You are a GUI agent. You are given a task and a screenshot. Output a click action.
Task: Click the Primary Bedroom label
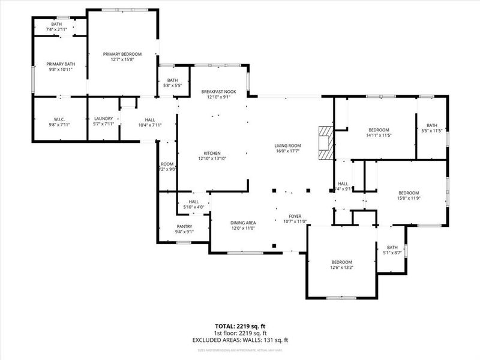(122, 54)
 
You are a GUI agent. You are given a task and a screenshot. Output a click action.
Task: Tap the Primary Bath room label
(61, 64)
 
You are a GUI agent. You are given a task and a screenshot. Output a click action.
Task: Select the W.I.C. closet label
(59, 119)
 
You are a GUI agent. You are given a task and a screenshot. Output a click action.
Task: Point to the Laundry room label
(103, 119)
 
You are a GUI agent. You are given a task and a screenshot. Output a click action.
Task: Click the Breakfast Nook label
(218, 91)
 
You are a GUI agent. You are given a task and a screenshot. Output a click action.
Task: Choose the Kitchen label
(211, 153)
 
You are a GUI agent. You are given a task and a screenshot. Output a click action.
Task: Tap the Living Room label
(288, 145)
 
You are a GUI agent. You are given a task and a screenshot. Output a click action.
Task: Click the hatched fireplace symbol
(325, 142)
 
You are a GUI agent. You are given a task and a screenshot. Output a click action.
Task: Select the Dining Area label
(244, 223)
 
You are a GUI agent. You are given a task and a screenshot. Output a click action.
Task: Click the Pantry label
(184, 226)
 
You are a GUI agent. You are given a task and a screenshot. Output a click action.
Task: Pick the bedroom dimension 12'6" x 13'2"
(341, 268)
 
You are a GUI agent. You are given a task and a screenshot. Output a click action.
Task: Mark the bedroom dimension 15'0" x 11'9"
(408, 198)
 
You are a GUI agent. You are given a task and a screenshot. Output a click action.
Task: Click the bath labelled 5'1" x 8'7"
(392, 253)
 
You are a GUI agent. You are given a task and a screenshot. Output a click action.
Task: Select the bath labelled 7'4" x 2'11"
(60, 29)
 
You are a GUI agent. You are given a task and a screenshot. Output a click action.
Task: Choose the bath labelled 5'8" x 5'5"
(172, 86)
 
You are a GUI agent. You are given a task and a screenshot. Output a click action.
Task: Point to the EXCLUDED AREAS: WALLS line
(240, 340)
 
